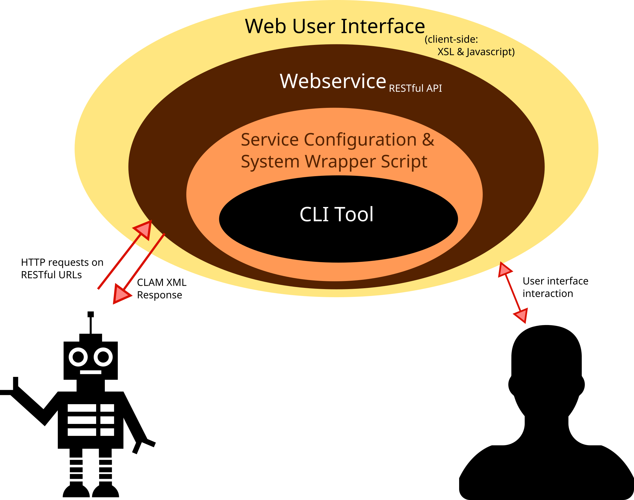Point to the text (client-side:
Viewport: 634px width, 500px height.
pos(451,40)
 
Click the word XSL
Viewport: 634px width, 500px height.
pos(446,52)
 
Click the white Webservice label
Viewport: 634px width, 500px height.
pos(333,81)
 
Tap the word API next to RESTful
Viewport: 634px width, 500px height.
pos(434,88)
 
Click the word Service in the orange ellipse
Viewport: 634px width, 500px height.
pos(270,140)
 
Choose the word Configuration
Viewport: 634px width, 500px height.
pos(360,140)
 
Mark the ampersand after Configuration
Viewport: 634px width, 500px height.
pos(428,140)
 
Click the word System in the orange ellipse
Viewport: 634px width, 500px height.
pos(270,162)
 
